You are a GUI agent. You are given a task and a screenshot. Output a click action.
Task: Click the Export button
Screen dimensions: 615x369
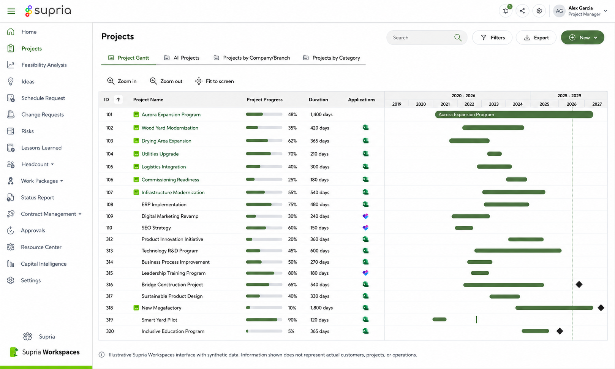[x=536, y=38]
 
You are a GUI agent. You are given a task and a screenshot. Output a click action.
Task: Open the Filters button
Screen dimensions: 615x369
[x=492, y=38]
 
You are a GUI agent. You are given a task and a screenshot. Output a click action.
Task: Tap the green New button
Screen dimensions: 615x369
[x=583, y=38]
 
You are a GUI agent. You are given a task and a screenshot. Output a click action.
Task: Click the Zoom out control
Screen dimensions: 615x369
[x=166, y=81]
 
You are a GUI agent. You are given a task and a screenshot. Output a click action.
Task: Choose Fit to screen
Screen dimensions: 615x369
[x=214, y=81]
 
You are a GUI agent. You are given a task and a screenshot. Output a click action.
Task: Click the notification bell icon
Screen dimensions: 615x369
[x=506, y=11]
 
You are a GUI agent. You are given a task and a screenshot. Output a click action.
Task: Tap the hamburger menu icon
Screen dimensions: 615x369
[x=11, y=11]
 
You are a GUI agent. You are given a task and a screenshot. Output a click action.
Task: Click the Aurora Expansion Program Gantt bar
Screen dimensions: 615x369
[x=514, y=114]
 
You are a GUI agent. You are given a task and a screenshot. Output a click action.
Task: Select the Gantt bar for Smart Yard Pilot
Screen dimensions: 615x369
[x=440, y=320]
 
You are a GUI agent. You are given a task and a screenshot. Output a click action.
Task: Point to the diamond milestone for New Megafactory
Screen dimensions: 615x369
[x=601, y=308]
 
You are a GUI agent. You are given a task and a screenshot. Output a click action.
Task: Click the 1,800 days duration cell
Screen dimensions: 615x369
[x=321, y=308]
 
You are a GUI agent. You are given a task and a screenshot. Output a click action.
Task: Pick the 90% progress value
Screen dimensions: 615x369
[x=292, y=320]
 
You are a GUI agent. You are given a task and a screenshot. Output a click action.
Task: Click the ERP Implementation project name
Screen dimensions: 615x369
[x=164, y=204]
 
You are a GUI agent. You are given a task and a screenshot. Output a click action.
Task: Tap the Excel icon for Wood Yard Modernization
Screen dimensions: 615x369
[x=365, y=127]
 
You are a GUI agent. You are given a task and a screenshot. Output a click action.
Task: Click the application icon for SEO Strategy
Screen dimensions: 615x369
[x=365, y=228]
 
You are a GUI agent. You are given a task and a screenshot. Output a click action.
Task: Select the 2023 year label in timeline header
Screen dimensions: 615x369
[x=494, y=104]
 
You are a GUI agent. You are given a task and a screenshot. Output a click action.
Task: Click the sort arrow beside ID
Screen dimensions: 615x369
[x=119, y=100]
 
